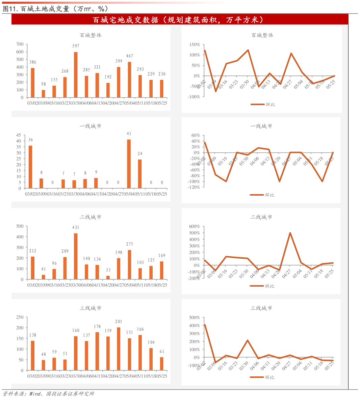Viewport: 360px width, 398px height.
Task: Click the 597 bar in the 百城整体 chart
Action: tap(76, 75)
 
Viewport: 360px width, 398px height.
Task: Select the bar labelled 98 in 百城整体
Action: tap(43, 93)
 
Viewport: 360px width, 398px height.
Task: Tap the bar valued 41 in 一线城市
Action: tap(129, 164)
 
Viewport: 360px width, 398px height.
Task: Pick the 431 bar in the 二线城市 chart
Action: tap(76, 256)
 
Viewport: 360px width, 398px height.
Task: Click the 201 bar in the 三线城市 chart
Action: tap(119, 349)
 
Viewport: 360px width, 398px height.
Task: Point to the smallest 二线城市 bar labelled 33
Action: tap(108, 277)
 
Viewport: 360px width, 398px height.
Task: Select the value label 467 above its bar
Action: tap(129, 56)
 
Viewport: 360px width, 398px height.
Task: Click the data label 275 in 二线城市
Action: tap(129, 244)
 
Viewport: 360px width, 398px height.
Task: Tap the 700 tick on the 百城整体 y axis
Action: tap(20, 44)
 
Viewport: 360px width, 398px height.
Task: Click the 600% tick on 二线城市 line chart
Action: tap(195, 226)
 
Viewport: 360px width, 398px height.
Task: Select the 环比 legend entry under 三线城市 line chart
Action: tap(262, 377)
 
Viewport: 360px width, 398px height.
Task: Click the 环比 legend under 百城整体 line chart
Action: tap(263, 104)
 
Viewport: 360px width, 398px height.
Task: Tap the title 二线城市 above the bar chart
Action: tap(91, 217)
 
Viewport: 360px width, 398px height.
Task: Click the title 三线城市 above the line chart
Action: tap(261, 308)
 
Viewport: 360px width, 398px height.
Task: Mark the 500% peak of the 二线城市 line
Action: tap(290, 233)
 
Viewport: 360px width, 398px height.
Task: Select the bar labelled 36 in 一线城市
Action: tap(30, 167)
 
